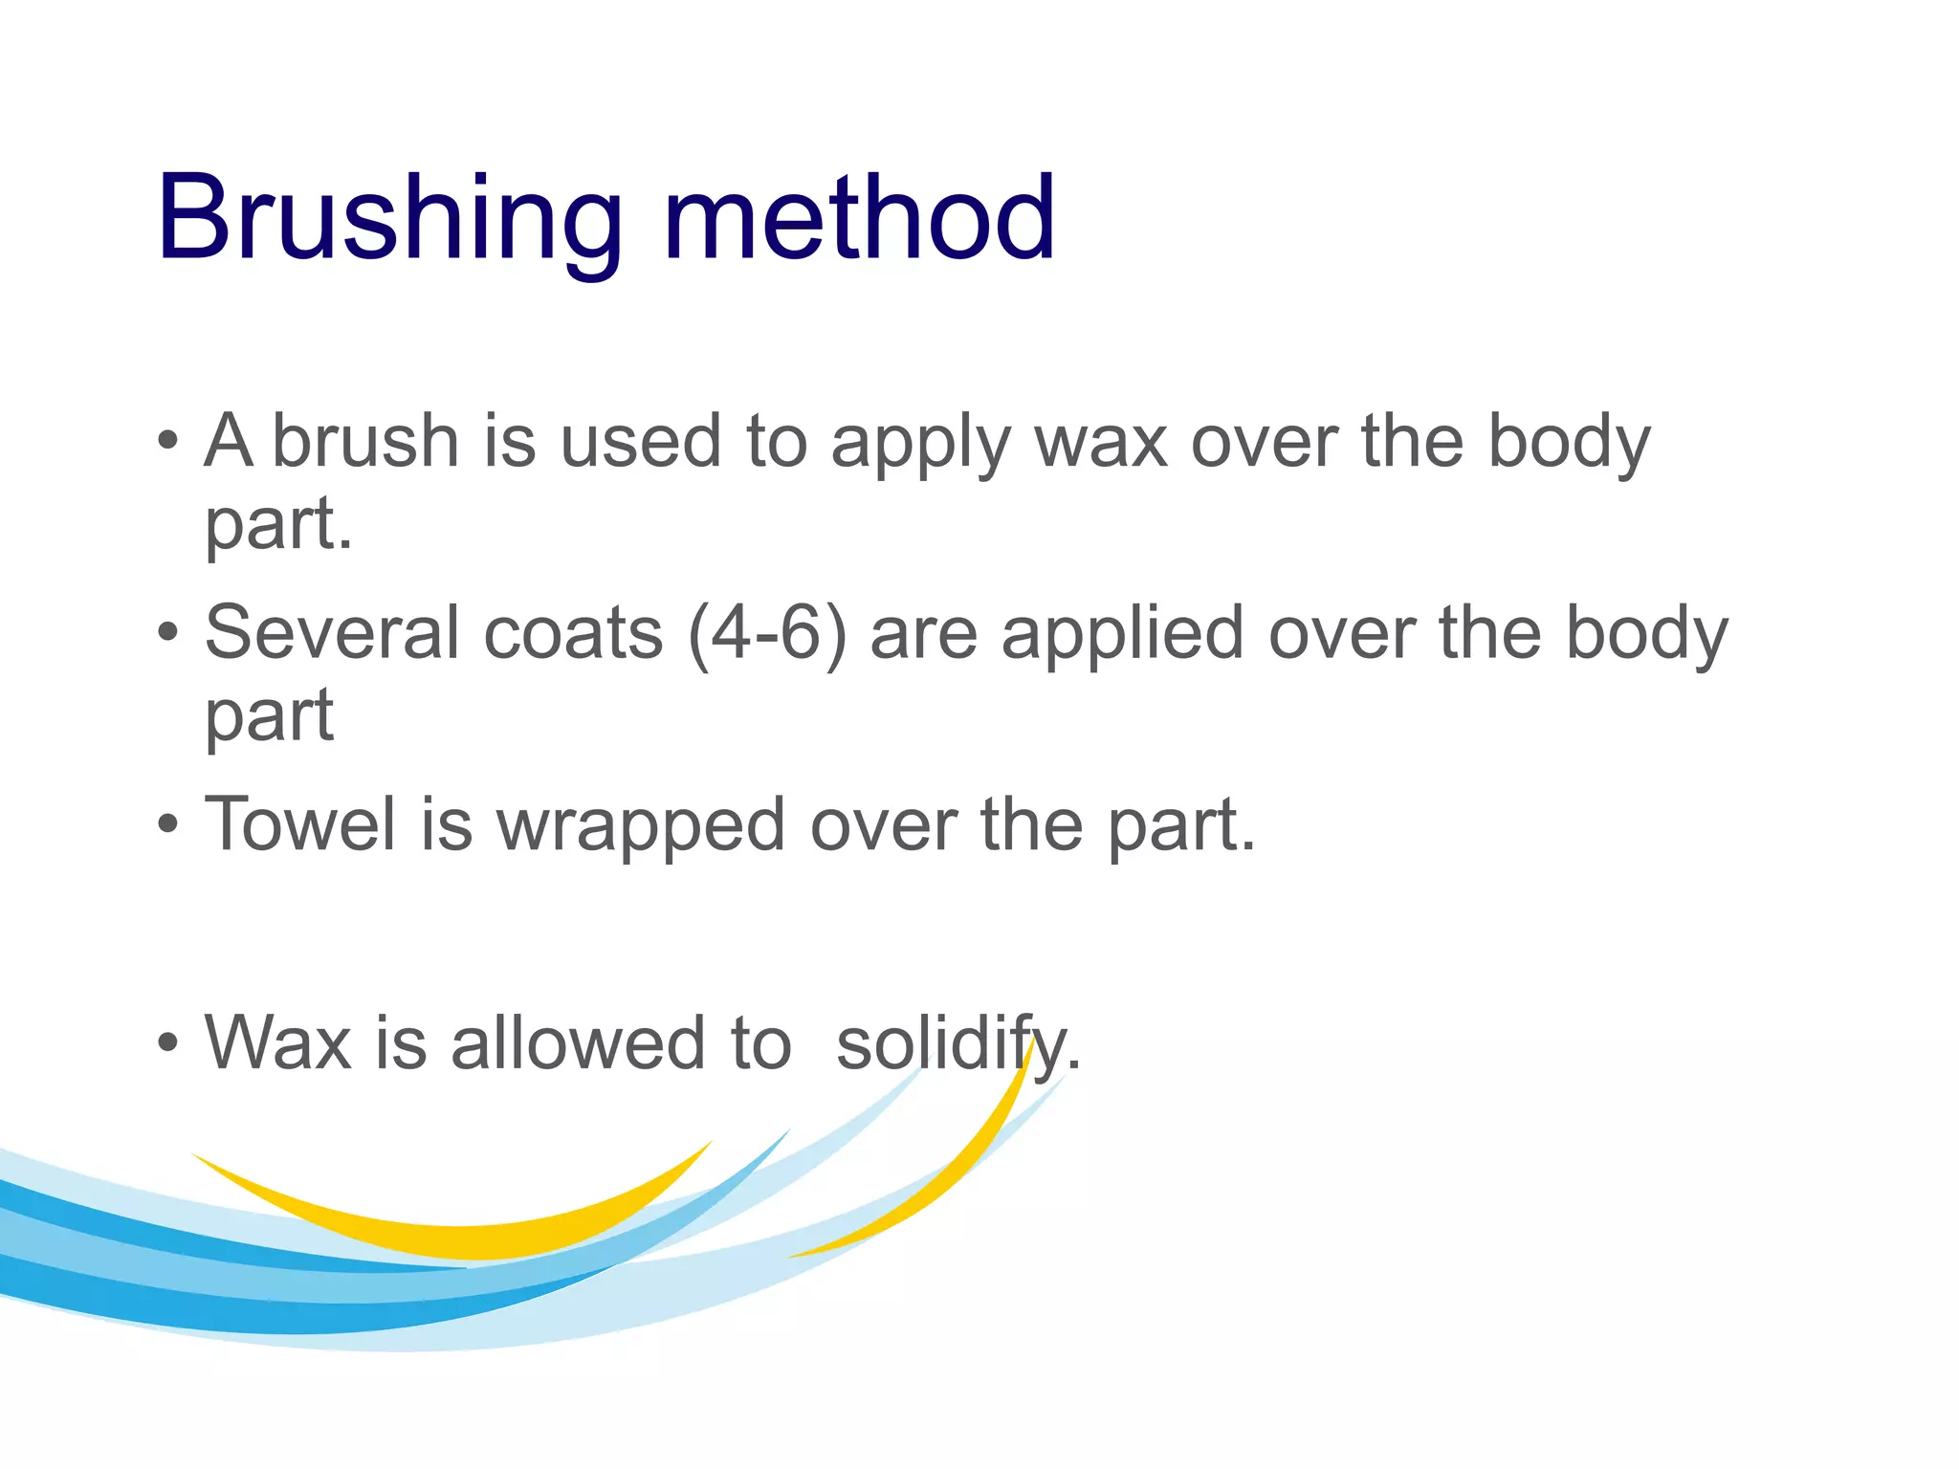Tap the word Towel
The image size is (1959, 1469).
coord(300,824)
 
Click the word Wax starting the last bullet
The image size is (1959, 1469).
coord(277,1042)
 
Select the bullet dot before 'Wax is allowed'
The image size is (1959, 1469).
coord(168,1042)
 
